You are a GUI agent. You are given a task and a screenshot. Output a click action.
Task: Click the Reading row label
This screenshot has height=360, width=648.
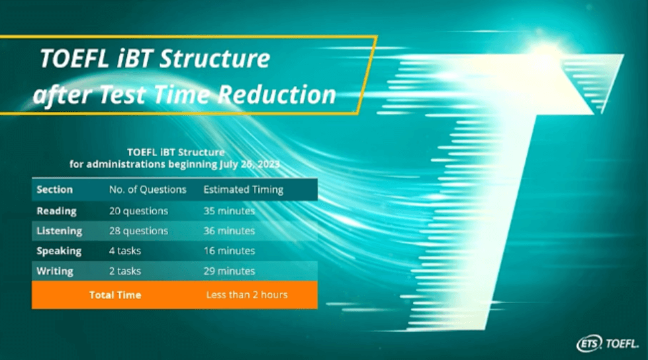coord(57,211)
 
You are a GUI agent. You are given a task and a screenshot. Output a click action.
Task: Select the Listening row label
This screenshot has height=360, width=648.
coord(59,231)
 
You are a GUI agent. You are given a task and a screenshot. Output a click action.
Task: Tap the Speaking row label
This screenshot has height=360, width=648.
coord(59,251)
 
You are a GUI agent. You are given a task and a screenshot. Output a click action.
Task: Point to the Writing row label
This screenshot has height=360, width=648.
coord(55,271)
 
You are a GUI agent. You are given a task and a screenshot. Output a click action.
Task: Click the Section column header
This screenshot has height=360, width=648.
coord(54,190)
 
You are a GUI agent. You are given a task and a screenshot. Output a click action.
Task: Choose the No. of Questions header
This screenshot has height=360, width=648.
coord(148,190)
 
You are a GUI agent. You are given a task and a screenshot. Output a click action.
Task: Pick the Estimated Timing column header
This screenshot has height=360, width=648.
coord(244,190)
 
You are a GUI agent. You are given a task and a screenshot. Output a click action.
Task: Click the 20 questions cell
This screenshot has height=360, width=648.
coord(138,211)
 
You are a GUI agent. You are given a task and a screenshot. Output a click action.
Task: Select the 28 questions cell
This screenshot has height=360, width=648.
coord(138,231)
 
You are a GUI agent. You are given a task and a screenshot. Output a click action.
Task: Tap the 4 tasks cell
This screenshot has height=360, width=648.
coord(125,251)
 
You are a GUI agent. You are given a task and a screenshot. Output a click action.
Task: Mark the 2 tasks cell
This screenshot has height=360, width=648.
coord(125,271)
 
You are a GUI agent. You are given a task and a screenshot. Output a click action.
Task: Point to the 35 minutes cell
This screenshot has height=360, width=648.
coord(229,211)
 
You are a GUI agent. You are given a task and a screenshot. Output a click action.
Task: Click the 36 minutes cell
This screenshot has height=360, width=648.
coord(229,231)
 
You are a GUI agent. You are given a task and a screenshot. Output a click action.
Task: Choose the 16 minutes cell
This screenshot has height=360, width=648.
coord(229,251)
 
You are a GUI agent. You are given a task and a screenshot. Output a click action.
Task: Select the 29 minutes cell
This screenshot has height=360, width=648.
coord(229,271)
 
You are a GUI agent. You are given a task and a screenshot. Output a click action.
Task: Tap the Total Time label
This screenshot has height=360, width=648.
coord(115,295)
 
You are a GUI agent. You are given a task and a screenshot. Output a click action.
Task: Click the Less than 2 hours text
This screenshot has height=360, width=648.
coord(247,294)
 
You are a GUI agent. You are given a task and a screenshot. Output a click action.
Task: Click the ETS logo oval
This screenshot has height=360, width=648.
coord(589,343)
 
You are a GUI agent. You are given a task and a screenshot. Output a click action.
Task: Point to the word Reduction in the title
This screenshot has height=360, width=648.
coord(277,95)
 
